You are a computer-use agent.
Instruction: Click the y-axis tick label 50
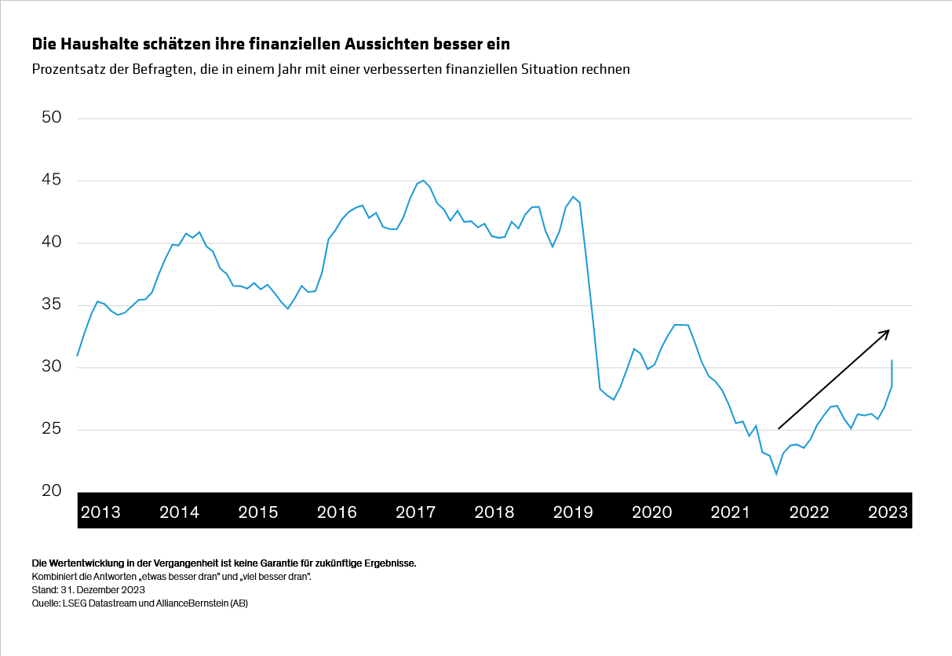click(50, 118)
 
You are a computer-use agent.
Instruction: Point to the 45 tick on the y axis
click(50, 180)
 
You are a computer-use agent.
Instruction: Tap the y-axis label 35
click(50, 304)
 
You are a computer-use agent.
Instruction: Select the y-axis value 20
click(50, 491)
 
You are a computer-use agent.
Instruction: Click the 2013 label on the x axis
click(100, 512)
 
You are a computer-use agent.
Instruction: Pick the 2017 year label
click(415, 512)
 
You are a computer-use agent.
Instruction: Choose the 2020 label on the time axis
click(651, 512)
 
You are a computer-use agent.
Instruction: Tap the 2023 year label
click(888, 512)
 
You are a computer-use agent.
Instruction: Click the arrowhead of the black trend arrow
click(887, 331)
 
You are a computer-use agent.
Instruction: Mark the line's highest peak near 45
click(423, 180)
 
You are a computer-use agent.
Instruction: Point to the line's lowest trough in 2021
click(776, 474)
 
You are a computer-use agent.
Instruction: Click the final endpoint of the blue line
click(892, 360)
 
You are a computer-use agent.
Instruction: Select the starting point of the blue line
click(77, 355)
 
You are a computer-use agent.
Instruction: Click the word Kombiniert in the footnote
click(51, 576)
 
